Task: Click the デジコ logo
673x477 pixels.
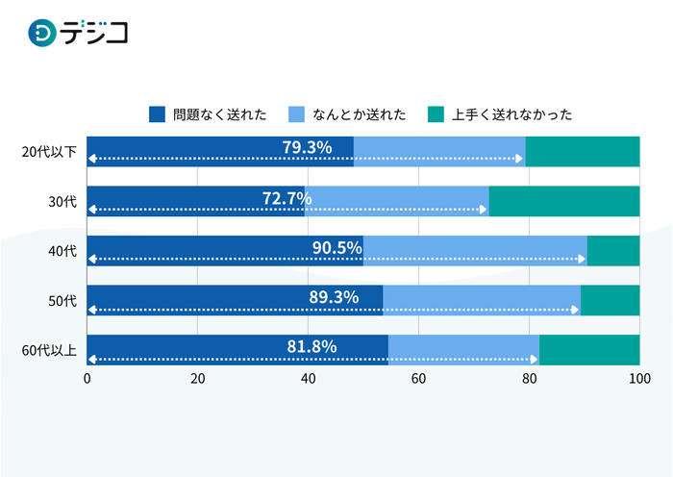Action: click(78, 34)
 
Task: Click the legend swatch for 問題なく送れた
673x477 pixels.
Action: click(157, 114)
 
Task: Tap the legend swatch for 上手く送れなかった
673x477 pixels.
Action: click(436, 114)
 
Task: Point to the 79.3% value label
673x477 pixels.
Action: click(307, 147)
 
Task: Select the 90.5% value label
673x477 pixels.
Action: click(336, 247)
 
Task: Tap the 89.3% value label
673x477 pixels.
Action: click(334, 297)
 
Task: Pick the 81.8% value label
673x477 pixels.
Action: click(312, 347)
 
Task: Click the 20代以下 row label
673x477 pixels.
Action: click(48, 152)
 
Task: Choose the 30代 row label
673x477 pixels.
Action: click(62, 202)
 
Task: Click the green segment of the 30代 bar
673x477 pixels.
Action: click(564, 201)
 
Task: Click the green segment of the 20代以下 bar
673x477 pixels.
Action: click(583, 152)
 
